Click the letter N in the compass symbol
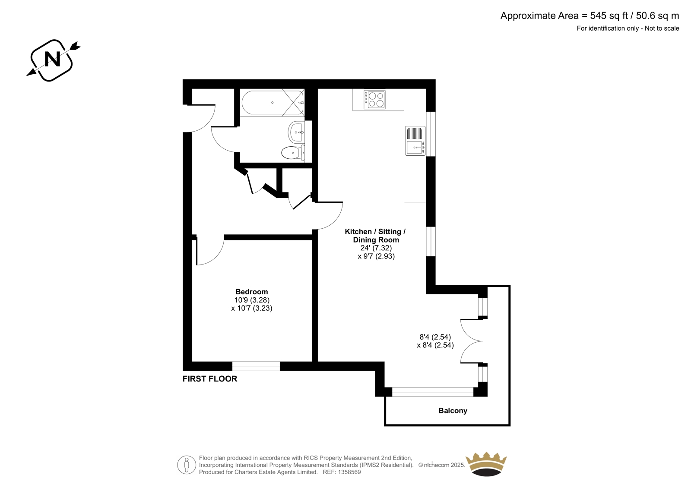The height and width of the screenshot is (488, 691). click(x=52, y=59)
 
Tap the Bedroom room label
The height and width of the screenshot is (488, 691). click(x=252, y=292)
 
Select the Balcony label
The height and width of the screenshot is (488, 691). click(x=453, y=411)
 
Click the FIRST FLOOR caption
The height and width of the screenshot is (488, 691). click(x=210, y=379)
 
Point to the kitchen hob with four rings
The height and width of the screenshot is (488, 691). click(x=374, y=100)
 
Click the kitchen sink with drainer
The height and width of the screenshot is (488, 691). click(x=415, y=141)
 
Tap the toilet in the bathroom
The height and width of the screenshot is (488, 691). click(x=293, y=153)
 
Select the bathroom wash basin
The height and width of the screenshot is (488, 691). click(x=296, y=132)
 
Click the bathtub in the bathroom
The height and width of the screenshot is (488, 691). click(x=273, y=103)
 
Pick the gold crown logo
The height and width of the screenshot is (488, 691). click(x=486, y=464)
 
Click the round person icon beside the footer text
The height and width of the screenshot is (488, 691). click(x=187, y=465)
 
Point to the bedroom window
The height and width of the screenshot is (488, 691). click(x=256, y=366)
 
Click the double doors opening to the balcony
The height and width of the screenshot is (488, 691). click(x=472, y=341)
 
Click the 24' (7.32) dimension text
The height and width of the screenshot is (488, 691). click(x=376, y=248)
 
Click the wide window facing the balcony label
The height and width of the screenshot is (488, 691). click(x=432, y=392)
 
